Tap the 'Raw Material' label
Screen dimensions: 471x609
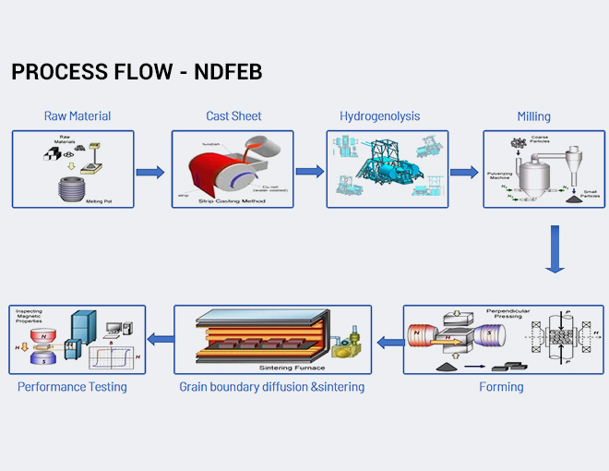(78, 116)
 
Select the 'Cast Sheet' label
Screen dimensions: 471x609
(233, 116)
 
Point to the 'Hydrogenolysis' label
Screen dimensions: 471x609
(379, 116)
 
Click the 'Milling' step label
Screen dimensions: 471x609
(533, 116)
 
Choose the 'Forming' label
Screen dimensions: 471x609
(501, 387)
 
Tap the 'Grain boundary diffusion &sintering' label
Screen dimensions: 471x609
(271, 387)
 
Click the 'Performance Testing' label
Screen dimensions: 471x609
(72, 387)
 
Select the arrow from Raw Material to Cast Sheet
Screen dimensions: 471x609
(150, 172)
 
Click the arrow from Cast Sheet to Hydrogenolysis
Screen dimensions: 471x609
(309, 172)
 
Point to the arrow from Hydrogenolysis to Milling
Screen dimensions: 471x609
(464, 172)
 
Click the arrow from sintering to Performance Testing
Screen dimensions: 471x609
(162, 340)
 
